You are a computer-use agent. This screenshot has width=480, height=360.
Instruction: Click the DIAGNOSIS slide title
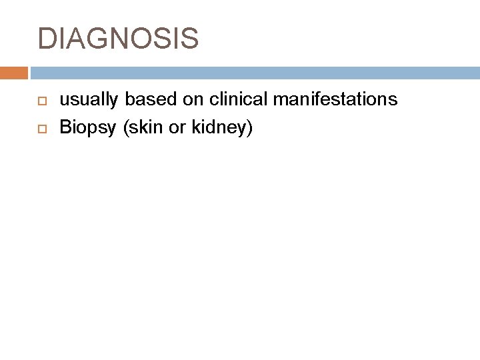coord(118,39)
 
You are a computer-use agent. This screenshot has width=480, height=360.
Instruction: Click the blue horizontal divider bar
coord(254,71)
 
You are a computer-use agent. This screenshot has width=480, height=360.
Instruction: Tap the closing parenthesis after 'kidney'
coord(249,126)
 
